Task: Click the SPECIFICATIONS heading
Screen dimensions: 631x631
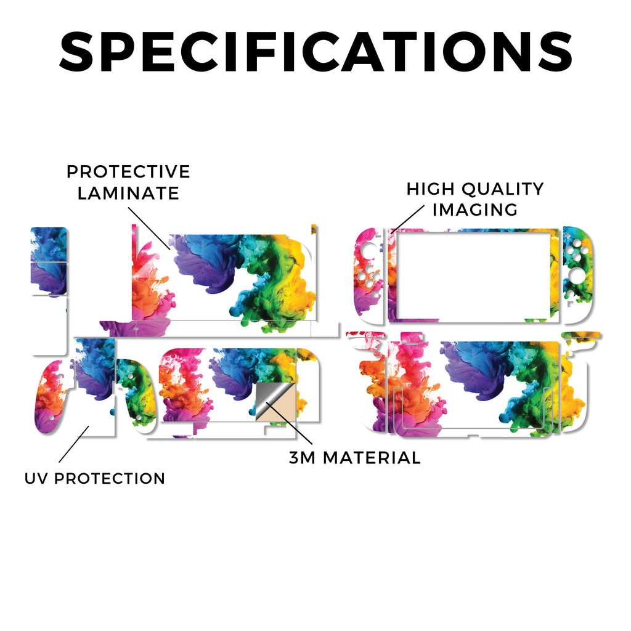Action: pyautogui.click(x=315, y=52)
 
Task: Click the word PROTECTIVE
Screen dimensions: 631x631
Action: pyautogui.click(x=128, y=172)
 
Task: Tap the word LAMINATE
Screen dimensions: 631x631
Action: pyautogui.click(x=128, y=193)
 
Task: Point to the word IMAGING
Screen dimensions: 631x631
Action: pyautogui.click(x=475, y=210)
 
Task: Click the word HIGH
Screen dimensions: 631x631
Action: pyautogui.click(x=431, y=189)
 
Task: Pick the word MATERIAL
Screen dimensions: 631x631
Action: pyautogui.click(x=372, y=458)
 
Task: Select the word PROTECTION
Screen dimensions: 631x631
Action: pyautogui.click(x=110, y=478)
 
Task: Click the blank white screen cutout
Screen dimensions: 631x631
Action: pyautogui.click(x=473, y=275)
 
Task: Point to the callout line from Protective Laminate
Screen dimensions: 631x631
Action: pyautogui.click(x=149, y=229)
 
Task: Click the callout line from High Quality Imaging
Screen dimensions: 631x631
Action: pyautogui.click(x=407, y=219)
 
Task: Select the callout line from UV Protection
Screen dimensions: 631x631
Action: pyautogui.click(x=74, y=444)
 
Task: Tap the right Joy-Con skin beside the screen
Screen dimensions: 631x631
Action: pyautogui.click(x=578, y=274)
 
